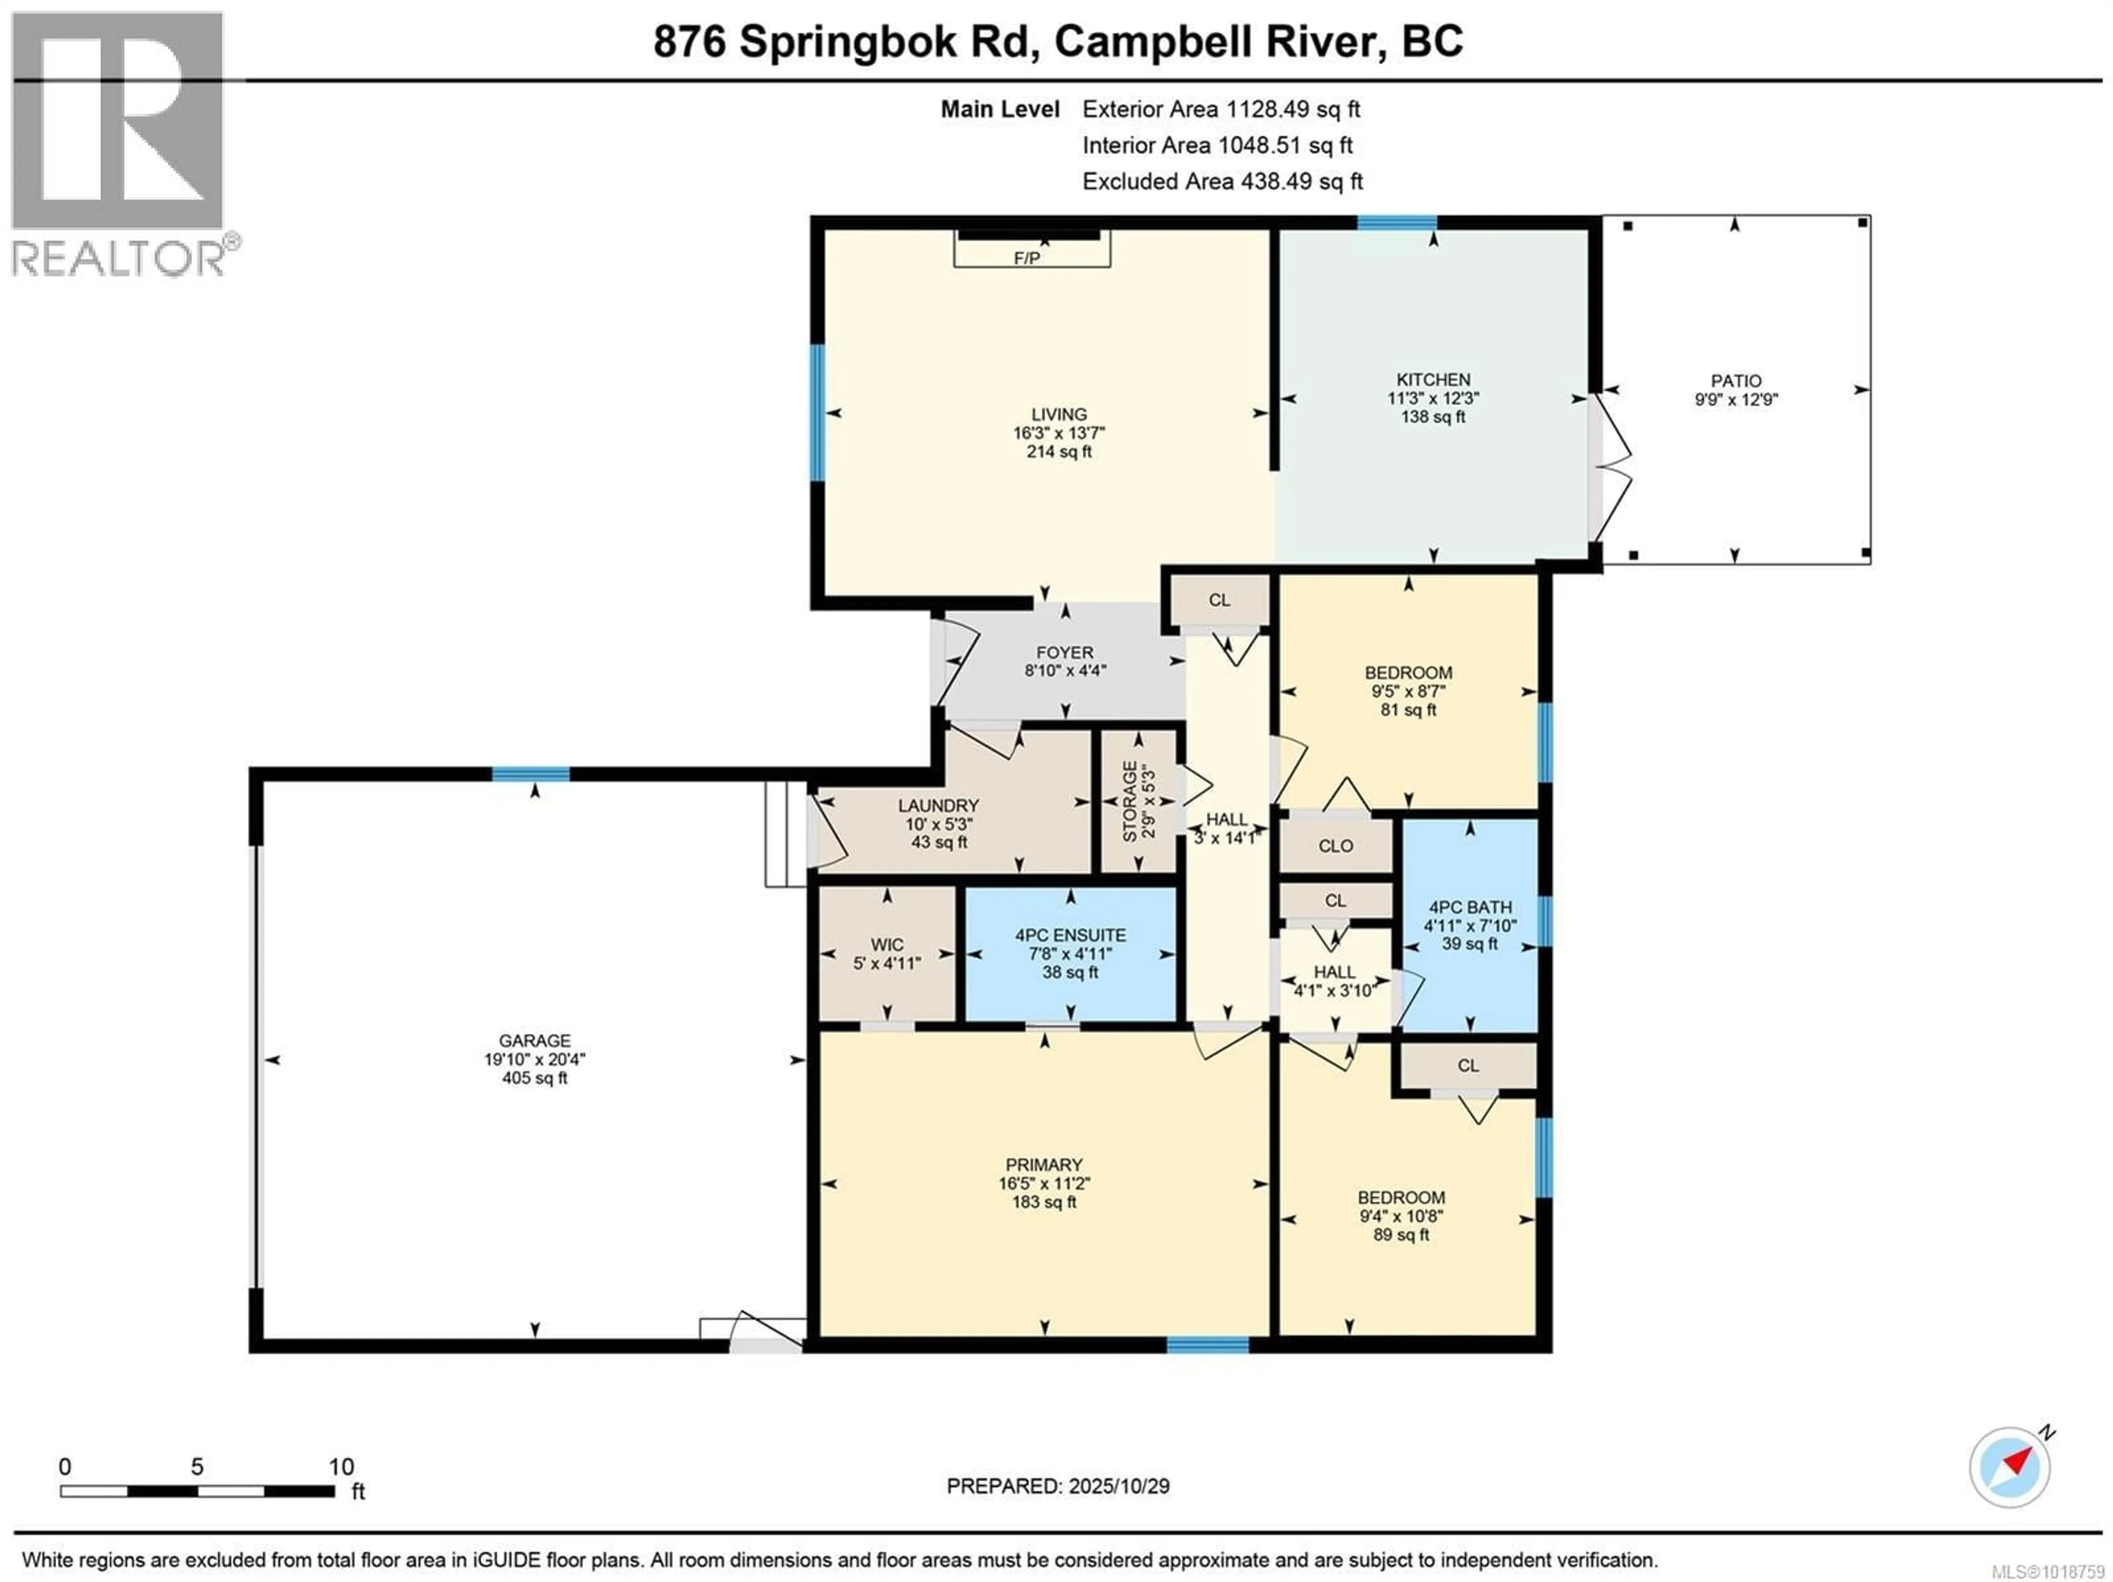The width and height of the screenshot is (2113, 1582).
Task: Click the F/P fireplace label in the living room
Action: [1027, 258]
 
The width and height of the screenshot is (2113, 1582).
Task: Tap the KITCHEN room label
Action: [1433, 379]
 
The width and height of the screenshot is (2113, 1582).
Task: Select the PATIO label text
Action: [1736, 380]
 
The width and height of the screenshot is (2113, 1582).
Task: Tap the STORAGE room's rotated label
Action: [1130, 801]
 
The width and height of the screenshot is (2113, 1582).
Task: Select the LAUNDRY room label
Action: [938, 806]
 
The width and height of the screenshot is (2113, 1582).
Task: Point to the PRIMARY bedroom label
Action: [1043, 1164]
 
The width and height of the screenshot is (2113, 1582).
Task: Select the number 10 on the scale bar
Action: [341, 1466]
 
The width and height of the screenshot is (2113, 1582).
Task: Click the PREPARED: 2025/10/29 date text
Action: [1058, 1486]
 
